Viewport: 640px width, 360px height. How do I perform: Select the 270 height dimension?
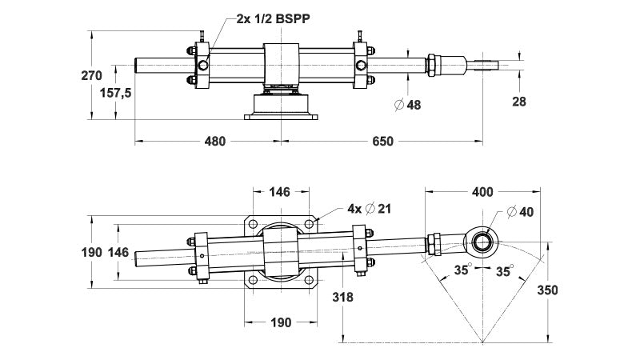92,76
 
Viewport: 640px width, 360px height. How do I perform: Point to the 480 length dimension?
214,142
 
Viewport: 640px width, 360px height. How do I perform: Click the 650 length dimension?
382,142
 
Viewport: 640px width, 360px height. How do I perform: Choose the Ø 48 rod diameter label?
407,104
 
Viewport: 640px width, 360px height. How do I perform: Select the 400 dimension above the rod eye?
482,191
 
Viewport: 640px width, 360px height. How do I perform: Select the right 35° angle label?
504,270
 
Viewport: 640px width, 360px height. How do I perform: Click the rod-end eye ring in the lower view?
482,240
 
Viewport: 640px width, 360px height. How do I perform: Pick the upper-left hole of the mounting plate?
253,225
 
